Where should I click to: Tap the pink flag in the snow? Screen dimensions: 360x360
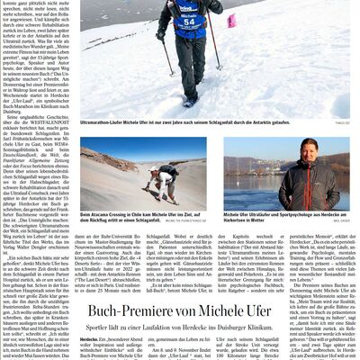231,21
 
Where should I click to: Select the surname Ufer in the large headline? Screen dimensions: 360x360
289,310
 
